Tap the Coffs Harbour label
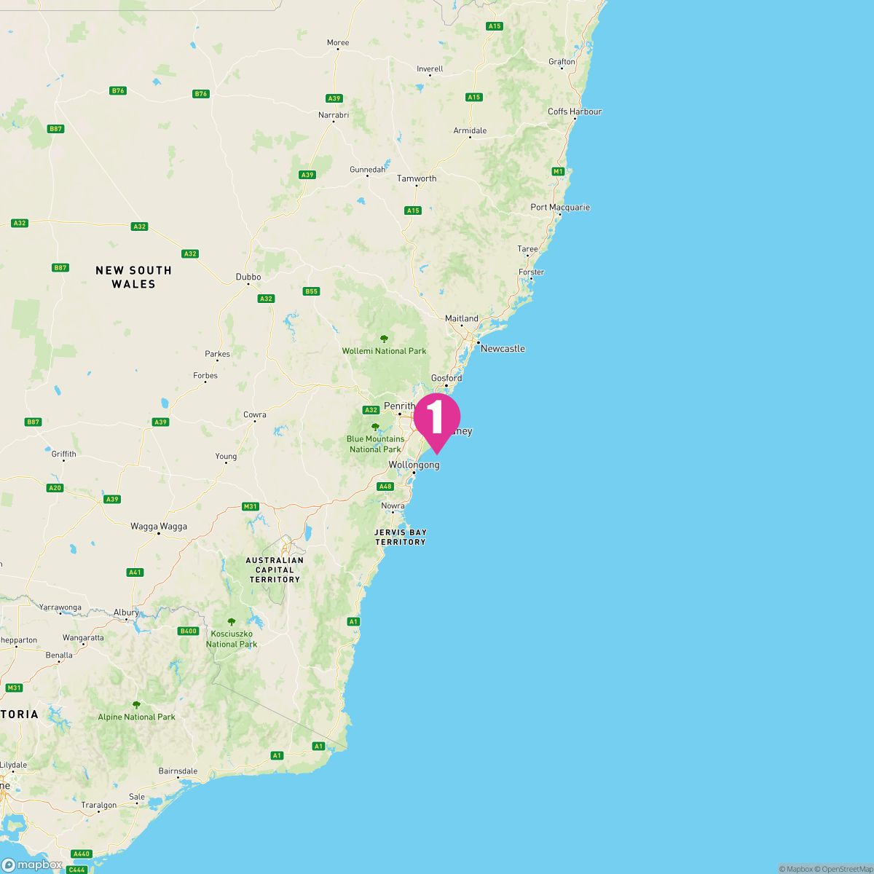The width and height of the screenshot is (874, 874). tap(575, 111)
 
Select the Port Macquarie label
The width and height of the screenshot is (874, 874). tap(560, 207)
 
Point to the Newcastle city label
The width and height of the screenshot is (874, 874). tap(503, 348)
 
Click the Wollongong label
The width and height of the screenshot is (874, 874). tap(414, 465)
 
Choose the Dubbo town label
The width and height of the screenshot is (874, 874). tap(248, 277)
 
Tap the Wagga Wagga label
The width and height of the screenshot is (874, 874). tap(159, 526)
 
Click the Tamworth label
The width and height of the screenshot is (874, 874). tap(417, 178)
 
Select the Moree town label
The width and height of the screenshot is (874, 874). tap(338, 43)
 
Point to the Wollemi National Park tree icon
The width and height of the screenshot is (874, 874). tap(384, 339)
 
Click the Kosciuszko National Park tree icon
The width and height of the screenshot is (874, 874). tap(232, 622)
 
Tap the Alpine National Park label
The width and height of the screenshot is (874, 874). tap(137, 717)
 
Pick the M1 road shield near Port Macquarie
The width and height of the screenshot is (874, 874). tap(558, 171)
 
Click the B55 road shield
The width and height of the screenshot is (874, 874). tap(311, 291)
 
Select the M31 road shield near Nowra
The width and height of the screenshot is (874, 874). tap(251, 506)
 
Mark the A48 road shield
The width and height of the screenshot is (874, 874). tap(385, 487)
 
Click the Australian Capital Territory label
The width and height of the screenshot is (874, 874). tap(275, 570)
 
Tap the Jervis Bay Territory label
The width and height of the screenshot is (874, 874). tap(400, 537)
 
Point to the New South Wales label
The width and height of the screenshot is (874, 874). tap(134, 277)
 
